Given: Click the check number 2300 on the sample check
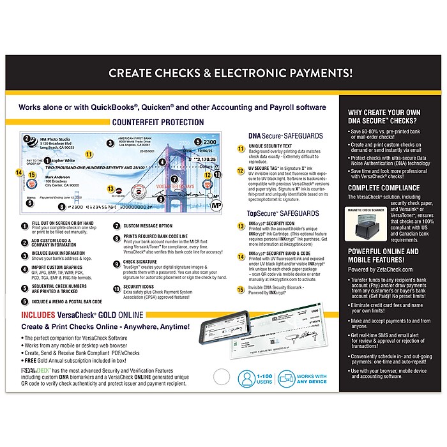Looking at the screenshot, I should (211, 141).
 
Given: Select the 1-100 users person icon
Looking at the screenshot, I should (246, 378).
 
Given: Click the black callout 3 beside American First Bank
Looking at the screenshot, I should (110, 143).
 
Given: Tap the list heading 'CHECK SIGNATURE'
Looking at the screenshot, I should (136, 261).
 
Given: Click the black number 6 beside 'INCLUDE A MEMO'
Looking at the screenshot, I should (23, 301).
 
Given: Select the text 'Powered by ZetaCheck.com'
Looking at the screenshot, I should (377, 269).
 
